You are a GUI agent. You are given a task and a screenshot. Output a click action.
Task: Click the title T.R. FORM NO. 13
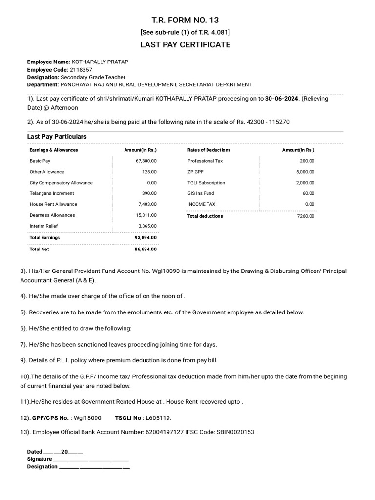[x=185, y=20]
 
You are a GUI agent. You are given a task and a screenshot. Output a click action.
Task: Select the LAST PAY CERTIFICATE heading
[x=185, y=45]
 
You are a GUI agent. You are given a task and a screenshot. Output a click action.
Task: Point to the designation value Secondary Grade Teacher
[x=93, y=77]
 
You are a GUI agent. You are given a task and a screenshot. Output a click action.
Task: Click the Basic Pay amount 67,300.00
[x=146, y=161]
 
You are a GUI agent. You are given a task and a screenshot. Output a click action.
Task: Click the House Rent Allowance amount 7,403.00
[x=147, y=204]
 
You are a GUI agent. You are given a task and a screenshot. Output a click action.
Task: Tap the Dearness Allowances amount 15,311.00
[x=146, y=215]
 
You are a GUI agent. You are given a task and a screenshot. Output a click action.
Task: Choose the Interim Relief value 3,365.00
[x=147, y=226]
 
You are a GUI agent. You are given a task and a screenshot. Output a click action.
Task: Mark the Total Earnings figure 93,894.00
[x=146, y=237]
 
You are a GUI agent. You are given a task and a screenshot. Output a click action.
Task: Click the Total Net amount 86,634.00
[x=146, y=249]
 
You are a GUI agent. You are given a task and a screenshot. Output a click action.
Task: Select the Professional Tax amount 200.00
[x=307, y=161]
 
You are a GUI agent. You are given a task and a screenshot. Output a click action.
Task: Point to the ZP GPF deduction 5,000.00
[x=305, y=172]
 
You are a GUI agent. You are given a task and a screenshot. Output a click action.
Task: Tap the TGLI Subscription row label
[x=206, y=183]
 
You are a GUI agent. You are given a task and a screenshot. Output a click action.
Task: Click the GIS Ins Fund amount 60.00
[x=309, y=193]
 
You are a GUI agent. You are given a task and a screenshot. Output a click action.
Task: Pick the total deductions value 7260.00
[x=306, y=216]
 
